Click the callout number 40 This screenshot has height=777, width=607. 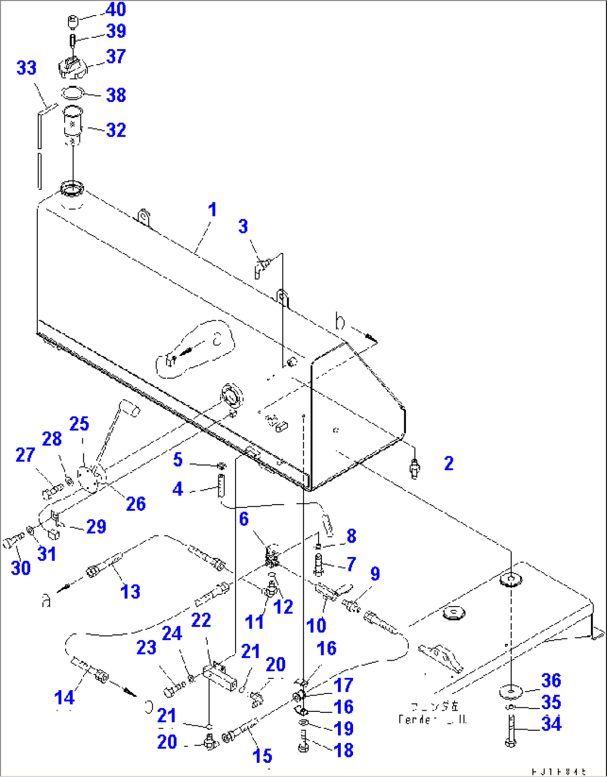pos(115,9)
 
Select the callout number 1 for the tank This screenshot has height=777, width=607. pos(212,210)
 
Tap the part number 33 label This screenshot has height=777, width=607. pos(26,68)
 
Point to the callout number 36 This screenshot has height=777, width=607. pos(551,680)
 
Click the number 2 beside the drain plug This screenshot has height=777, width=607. pos(449,463)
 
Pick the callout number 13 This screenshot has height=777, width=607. pos(130,592)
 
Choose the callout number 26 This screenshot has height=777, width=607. pos(135,504)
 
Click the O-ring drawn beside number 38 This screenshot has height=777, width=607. pos(72,92)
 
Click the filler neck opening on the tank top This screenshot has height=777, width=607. pos(71,188)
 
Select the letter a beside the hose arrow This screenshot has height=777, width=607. pos(47,600)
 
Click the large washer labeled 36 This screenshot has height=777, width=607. pos(510,691)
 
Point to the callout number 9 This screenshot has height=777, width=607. pos(375,574)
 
